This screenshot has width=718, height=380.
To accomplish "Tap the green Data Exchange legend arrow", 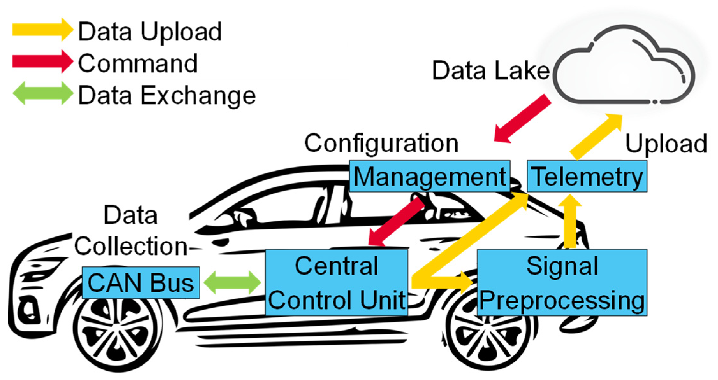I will pos(42,93).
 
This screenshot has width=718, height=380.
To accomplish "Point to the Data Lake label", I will pos(490,70).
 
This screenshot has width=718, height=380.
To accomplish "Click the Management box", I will pos(429,176).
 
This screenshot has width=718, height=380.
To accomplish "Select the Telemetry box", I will pos(587,176).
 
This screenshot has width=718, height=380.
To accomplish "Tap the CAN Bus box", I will pos(141,283).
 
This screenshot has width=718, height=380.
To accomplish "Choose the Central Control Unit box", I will pos(336,283).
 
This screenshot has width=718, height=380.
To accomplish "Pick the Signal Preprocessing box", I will pos(562,283).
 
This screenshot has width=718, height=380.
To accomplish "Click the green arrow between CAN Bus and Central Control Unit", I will pos(232,282).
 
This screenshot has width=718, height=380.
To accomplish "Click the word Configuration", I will pos(381,144).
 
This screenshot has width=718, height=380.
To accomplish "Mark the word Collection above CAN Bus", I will pos(131,246).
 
